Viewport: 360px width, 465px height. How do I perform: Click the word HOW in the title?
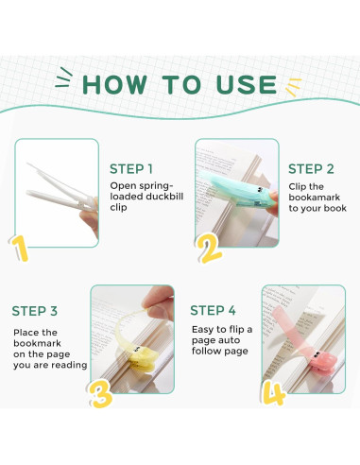(114, 85)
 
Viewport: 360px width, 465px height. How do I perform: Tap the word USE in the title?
(247, 85)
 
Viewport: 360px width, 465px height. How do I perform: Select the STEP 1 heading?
(131, 169)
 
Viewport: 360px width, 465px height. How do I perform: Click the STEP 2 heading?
(311, 169)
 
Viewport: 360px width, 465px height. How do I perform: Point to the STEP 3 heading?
(35, 311)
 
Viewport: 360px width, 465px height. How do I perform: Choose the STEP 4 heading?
(213, 311)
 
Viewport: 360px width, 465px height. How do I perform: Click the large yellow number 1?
(20, 249)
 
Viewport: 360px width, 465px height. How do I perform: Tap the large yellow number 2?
(209, 249)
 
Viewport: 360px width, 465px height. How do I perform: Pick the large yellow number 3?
(100, 393)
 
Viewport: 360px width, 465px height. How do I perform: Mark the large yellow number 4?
(274, 392)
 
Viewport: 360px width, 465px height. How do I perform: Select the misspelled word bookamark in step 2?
(315, 198)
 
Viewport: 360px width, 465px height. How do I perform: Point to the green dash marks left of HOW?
(63, 77)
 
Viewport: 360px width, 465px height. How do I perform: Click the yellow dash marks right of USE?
(294, 87)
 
